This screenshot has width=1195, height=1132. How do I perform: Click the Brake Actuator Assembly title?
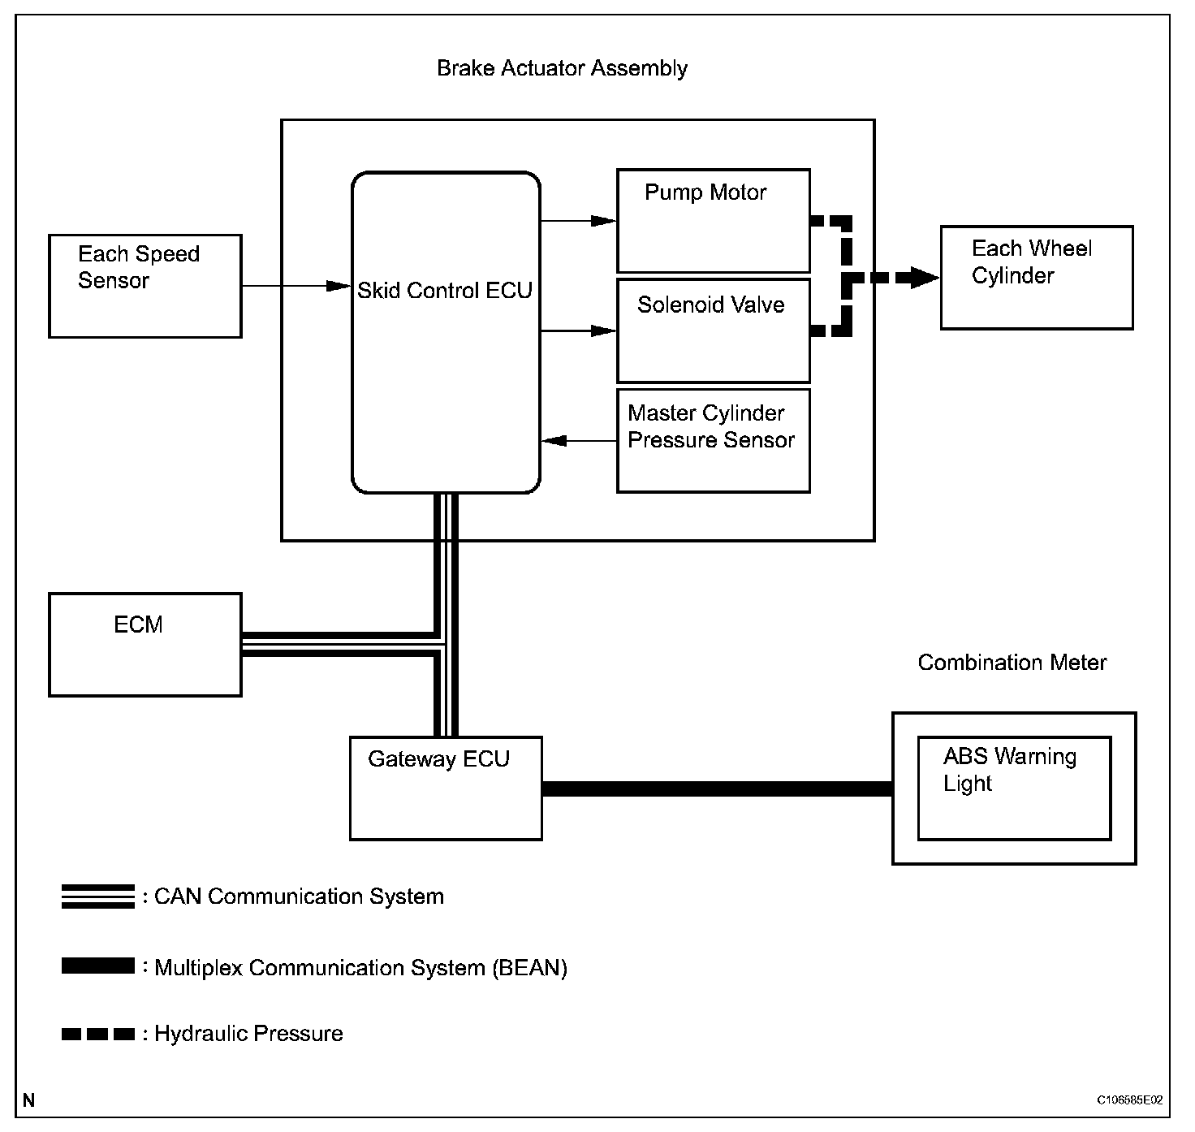562,68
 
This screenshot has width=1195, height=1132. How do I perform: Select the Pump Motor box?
713,221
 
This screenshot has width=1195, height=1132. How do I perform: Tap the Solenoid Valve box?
713,331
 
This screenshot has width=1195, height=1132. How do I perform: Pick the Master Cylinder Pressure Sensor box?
713,440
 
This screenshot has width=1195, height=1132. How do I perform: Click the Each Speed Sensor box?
145,286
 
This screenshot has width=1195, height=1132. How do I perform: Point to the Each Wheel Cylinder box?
1037,278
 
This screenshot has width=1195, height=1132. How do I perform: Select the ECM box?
145,645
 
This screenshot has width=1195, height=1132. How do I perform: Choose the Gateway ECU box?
446,789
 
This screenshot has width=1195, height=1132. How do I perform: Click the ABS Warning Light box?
1014,789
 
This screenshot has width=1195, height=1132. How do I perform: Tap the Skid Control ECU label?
444,291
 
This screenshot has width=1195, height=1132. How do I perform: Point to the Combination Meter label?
1012,663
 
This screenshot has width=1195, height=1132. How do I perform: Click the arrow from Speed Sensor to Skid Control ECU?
296,286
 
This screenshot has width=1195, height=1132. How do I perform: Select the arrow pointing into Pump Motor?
578,221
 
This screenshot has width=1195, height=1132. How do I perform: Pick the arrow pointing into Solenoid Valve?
578,331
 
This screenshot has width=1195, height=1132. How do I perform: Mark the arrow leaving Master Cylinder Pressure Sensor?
578,440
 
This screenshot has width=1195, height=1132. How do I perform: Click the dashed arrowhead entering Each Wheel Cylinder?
924,278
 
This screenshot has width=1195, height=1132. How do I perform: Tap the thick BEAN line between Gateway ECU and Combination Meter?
717,789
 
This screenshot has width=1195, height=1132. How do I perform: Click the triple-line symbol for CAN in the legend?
98,896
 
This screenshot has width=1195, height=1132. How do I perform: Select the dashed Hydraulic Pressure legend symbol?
98,1034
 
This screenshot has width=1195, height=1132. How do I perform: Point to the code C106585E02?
1129,1100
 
